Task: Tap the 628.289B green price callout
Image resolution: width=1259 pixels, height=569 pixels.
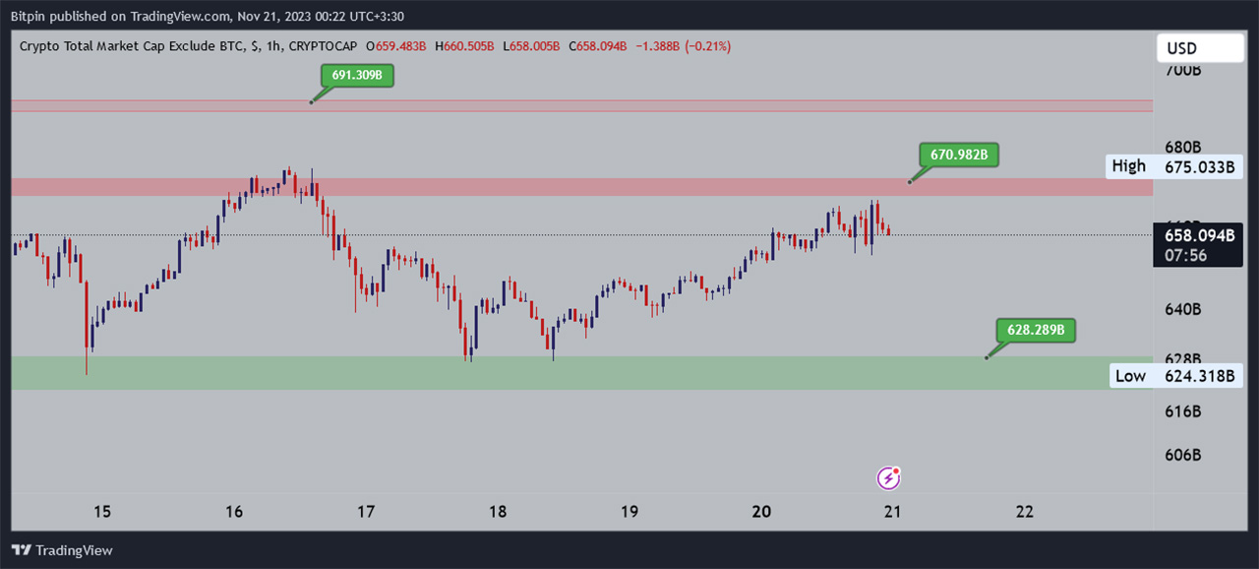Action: [1036, 331]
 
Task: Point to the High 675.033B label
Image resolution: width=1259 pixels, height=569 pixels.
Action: [1171, 166]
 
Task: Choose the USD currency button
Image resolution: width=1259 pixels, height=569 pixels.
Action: [1199, 48]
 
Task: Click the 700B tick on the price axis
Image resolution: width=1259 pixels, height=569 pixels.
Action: [1183, 71]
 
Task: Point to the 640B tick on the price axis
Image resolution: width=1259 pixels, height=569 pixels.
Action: [1183, 309]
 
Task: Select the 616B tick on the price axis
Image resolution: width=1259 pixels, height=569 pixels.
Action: [1183, 411]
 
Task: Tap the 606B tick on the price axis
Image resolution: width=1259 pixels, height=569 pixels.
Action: [1183, 455]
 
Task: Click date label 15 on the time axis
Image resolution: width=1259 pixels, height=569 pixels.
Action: [101, 512]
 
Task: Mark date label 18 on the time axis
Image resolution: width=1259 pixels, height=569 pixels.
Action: [498, 512]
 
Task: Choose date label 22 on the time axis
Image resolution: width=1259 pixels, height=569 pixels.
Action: [1025, 512]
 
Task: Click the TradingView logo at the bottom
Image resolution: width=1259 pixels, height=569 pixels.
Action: [62, 550]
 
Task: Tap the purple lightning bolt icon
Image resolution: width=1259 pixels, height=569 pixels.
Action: [888, 478]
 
